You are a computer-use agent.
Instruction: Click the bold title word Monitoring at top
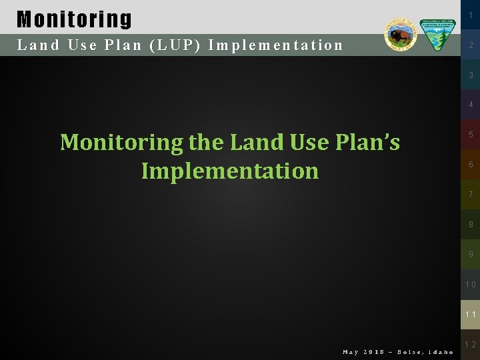[74, 19]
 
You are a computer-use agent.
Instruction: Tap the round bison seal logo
[401, 34]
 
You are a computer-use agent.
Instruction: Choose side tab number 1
[471, 15]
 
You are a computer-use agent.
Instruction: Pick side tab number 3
[471, 75]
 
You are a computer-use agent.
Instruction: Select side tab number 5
[471, 135]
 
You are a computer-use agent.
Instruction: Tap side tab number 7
[471, 195]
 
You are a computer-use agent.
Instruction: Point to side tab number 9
[471, 255]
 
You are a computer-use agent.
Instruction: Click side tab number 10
[471, 285]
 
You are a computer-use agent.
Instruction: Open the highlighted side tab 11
[471, 315]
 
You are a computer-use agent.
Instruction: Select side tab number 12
[471, 345]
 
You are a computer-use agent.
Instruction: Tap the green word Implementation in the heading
[230, 171]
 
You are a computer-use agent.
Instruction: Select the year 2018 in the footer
[375, 352]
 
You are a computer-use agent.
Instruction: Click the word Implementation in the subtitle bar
[275, 45]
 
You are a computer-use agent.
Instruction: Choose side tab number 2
[471, 45]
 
